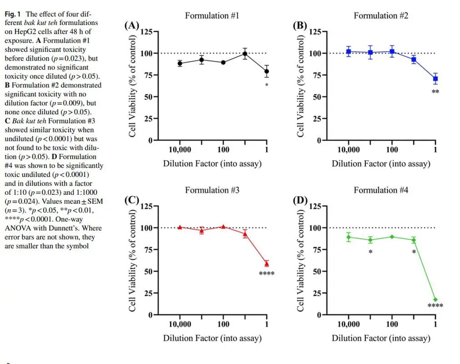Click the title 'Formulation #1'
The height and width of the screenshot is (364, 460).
click(x=212, y=16)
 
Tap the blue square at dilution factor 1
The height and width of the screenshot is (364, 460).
click(x=435, y=79)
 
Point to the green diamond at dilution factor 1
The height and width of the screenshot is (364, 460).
click(x=435, y=300)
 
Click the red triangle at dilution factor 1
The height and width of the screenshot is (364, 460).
click(x=267, y=263)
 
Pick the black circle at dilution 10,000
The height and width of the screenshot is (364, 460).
click(x=180, y=63)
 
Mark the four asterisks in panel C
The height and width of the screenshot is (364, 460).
click(x=266, y=274)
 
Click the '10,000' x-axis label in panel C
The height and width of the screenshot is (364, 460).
click(x=180, y=324)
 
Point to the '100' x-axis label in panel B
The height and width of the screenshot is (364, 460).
click(x=392, y=150)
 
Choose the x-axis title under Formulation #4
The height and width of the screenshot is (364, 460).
click(x=380, y=338)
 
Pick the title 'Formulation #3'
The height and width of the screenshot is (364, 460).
click(x=212, y=190)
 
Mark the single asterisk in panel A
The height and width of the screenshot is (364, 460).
click(x=266, y=85)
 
